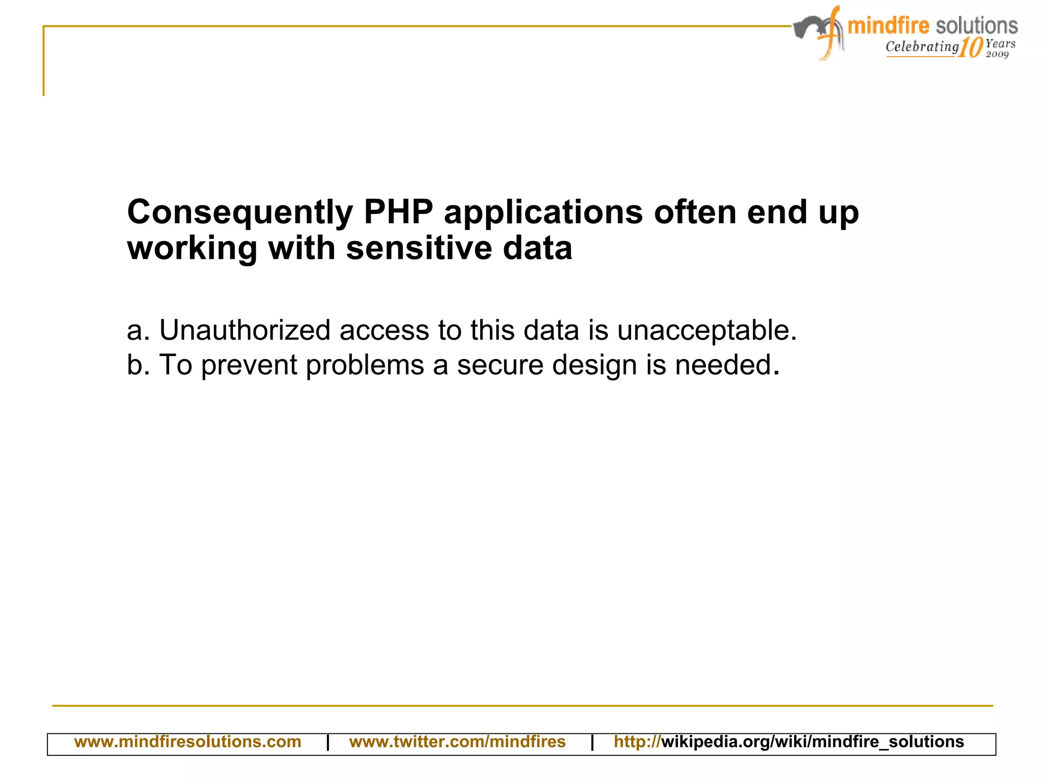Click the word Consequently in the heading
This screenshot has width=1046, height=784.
pyautogui.click(x=240, y=212)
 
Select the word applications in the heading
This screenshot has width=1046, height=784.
pyautogui.click(x=543, y=212)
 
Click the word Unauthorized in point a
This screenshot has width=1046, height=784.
pyautogui.click(x=245, y=330)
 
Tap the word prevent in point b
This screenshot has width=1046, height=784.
pyautogui.click(x=249, y=365)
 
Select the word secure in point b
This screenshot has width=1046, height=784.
pyautogui.click(x=500, y=365)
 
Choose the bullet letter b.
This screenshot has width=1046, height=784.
pyautogui.click(x=135, y=365)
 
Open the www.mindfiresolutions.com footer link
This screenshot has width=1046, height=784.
pyautogui.click(x=187, y=742)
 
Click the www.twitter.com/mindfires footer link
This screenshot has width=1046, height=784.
pyautogui.click(x=457, y=742)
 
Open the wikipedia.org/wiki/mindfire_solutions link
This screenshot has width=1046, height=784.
pyautogui.click(x=789, y=742)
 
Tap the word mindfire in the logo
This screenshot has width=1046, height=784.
pyautogui.click(x=888, y=26)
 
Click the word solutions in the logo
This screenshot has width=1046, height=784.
pyautogui.click(x=977, y=26)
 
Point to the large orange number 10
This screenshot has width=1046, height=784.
pyautogui.click(x=970, y=48)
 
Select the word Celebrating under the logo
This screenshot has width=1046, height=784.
pyautogui.click(x=922, y=46)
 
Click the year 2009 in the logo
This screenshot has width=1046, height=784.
pyautogui.click(x=997, y=54)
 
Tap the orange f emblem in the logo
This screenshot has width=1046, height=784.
pyautogui.click(x=830, y=34)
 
